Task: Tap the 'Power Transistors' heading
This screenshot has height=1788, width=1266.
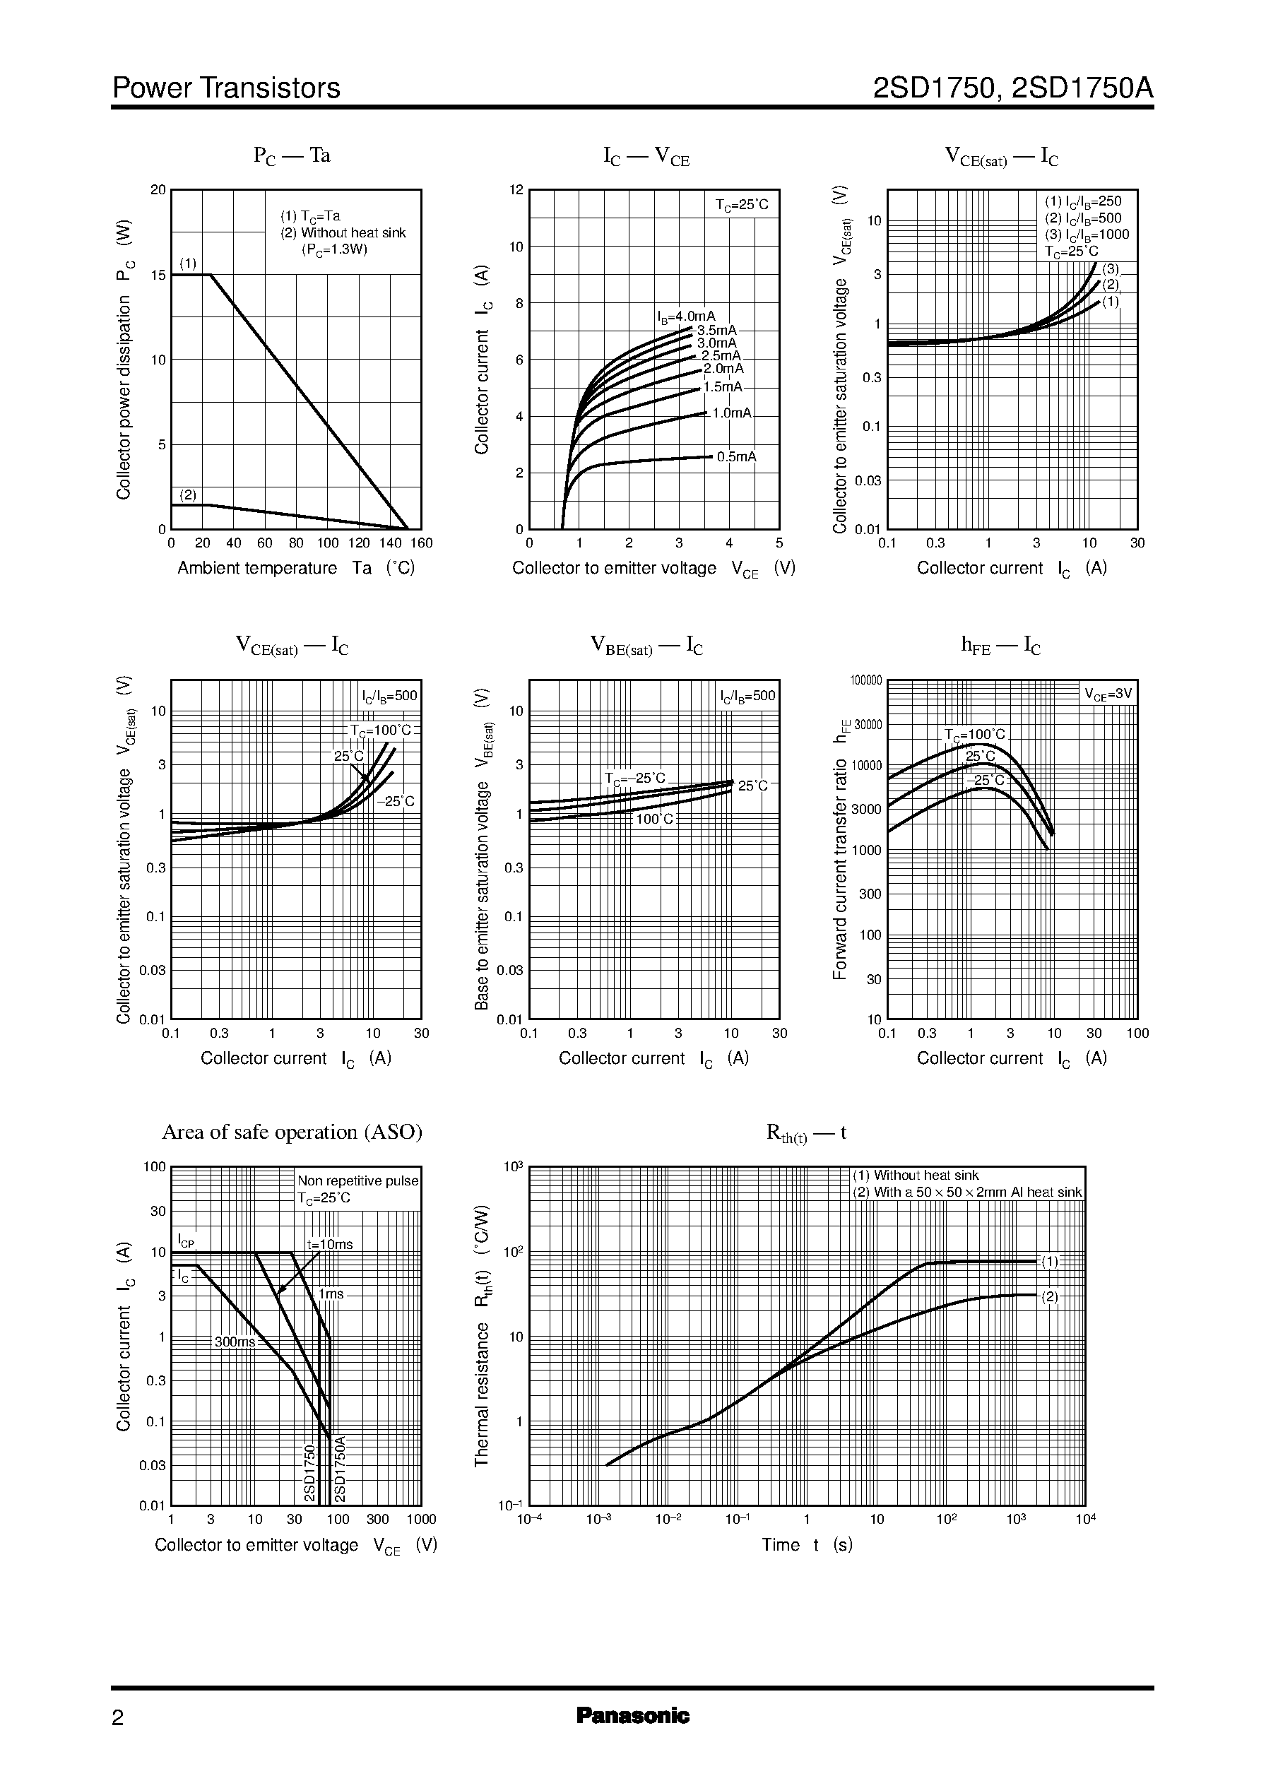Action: pos(226,88)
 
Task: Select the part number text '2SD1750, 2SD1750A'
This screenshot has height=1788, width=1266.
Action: pos(1012,88)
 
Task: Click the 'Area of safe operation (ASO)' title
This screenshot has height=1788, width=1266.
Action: pos(292,1132)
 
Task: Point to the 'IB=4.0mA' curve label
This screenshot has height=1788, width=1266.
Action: pos(685,316)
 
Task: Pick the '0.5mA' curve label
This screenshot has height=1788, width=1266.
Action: pos(737,457)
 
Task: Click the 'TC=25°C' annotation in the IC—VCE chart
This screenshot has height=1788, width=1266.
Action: pos(741,205)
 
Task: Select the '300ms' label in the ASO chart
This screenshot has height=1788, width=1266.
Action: pos(235,1342)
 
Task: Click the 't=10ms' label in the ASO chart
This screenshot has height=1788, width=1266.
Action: pos(330,1245)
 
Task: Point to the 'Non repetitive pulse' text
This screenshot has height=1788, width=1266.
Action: pos(357,1181)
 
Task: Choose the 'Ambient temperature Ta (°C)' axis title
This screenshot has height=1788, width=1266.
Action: pos(295,568)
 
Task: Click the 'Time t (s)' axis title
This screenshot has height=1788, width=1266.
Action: pos(807,1545)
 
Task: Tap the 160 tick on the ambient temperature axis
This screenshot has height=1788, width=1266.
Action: pos(421,543)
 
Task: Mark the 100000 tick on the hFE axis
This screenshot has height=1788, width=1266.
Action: pos(865,680)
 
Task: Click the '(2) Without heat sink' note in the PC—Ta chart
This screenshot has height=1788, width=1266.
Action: pos(343,233)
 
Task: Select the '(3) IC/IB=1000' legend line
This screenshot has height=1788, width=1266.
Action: pos(1087,235)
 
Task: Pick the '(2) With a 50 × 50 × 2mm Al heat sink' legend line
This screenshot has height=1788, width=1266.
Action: pos(966,1192)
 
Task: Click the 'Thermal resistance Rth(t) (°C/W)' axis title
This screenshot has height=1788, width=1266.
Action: pos(483,1336)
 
